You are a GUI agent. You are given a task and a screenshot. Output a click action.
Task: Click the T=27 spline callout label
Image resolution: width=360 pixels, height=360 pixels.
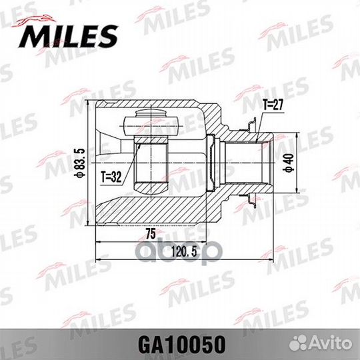tap(273, 104)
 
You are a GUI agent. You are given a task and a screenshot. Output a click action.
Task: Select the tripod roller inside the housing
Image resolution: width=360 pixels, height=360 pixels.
tap(153, 123)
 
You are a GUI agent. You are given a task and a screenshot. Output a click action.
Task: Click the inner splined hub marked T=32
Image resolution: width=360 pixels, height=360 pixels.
tap(152, 163)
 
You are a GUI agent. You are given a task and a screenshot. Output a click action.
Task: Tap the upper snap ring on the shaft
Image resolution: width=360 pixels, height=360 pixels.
tap(253, 125)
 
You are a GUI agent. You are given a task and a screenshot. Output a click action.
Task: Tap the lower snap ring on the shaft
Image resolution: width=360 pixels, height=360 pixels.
tap(253, 198)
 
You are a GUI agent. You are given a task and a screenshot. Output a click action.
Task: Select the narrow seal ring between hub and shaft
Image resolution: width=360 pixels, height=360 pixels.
tap(211, 163)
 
